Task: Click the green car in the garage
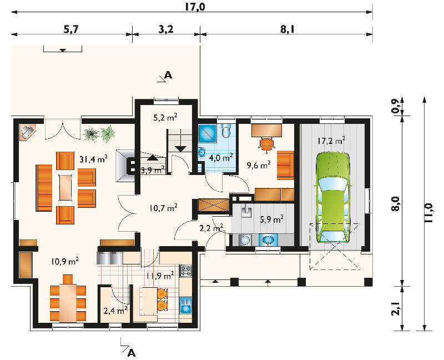coord(333,198)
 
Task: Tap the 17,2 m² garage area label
coord(331,141)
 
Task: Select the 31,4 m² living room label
coord(93,159)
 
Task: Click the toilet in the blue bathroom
coord(226,131)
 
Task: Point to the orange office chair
coord(267,144)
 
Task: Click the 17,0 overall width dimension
coord(195,7)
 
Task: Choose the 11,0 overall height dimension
coord(428,213)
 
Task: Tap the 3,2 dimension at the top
coord(166,29)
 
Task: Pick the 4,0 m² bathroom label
coord(221,157)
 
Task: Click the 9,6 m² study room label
coord(259,165)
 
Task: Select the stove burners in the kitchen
coord(186,271)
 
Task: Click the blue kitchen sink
coord(186,306)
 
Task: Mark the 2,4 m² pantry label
coord(115,311)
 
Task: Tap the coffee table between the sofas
coord(65,188)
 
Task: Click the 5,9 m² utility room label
coord(272,219)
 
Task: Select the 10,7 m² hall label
coord(163,208)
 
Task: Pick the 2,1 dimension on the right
coord(396,308)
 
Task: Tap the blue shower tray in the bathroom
coord(207,133)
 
